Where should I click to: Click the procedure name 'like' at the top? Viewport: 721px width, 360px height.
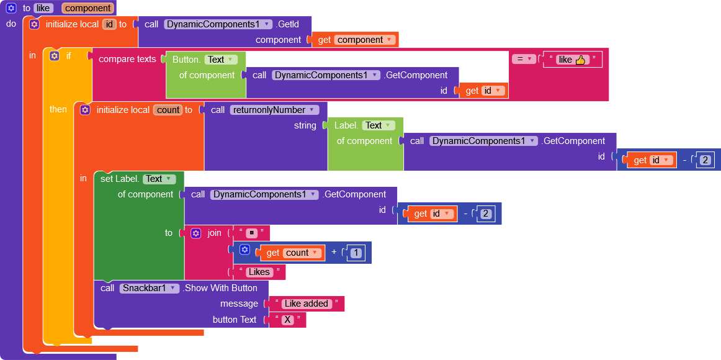[x=43, y=8]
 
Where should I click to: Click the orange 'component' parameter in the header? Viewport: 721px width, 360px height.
[x=87, y=8]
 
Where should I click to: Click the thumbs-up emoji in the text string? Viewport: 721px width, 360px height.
[x=581, y=60]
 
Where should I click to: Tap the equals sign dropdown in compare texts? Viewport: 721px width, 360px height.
[x=523, y=59]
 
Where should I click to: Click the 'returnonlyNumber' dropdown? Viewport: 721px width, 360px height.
[x=274, y=110]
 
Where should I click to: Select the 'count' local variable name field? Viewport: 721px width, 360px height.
[x=168, y=110]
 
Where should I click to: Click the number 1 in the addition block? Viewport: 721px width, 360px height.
[x=356, y=253]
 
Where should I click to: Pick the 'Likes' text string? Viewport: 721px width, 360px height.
[x=259, y=272]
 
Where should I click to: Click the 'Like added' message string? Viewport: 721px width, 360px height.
[x=306, y=304]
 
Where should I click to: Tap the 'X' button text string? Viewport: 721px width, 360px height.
[x=287, y=320]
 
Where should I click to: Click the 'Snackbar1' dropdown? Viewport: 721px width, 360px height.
[x=149, y=288]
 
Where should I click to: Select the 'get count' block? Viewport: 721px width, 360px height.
[x=292, y=253]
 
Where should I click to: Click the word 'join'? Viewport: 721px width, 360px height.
[x=214, y=233]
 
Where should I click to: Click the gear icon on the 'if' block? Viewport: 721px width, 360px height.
[x=55, y=56]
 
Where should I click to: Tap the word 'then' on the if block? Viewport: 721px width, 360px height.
[x=58, y=109]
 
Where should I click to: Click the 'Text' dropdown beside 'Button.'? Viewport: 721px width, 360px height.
[x=221, y=60]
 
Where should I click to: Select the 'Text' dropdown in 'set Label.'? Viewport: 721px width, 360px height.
[x=159, y=179]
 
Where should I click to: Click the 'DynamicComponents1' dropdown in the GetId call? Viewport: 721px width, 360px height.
[x=218, y=24]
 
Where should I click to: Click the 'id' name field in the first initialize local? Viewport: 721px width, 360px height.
[x=109, y=24]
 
